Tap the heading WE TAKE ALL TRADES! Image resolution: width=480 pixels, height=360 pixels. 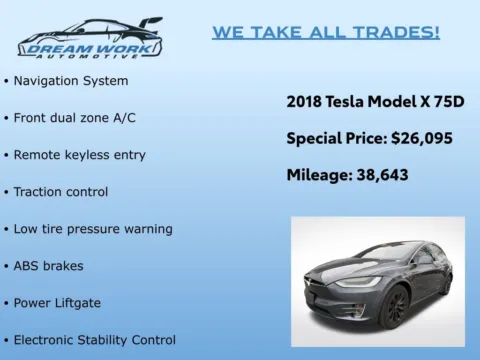[x=325, y=32]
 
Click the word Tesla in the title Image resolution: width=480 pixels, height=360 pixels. [x=349, y=101]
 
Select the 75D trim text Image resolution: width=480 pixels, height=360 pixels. [x=447, y=101]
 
